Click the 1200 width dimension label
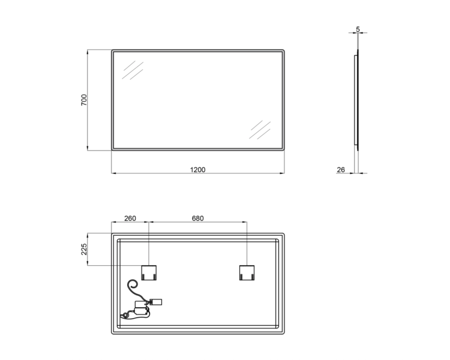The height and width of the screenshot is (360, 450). click(198, 170)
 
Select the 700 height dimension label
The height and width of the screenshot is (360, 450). click(84, 100)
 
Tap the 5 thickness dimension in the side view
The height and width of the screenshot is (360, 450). click(358, 29)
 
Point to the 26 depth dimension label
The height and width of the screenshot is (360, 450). click(341, 170)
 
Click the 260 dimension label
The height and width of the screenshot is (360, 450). click(130, 218)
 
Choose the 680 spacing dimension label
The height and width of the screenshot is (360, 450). click(198, 218)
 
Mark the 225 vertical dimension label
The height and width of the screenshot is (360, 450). click(84, 249)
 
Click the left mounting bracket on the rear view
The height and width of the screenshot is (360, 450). click(149, 273)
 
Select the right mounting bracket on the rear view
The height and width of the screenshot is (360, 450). click(247, 273)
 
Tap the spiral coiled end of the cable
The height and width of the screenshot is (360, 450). click(133, 284)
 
